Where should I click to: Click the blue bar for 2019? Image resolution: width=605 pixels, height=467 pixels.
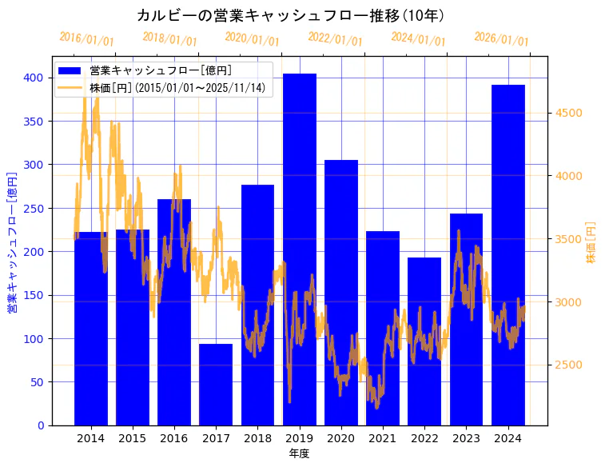300,249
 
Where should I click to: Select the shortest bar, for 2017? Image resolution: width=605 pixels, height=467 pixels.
216,384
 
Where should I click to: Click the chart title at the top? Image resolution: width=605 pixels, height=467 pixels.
290,15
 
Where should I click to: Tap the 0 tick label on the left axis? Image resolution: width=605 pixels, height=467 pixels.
41,425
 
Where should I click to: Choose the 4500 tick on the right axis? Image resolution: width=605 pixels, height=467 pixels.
568,113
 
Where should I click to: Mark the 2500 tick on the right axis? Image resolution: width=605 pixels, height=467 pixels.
568,365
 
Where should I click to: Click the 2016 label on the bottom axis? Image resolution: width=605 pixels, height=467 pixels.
174,438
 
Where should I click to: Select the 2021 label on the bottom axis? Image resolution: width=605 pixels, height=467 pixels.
383,438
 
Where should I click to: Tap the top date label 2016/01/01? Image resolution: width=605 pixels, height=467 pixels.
86,39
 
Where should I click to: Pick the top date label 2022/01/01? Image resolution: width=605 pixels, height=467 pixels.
335,39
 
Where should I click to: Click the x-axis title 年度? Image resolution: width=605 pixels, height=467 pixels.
299,453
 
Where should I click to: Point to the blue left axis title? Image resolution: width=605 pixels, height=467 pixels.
12,241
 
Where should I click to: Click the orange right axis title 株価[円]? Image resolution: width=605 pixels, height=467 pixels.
591,242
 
